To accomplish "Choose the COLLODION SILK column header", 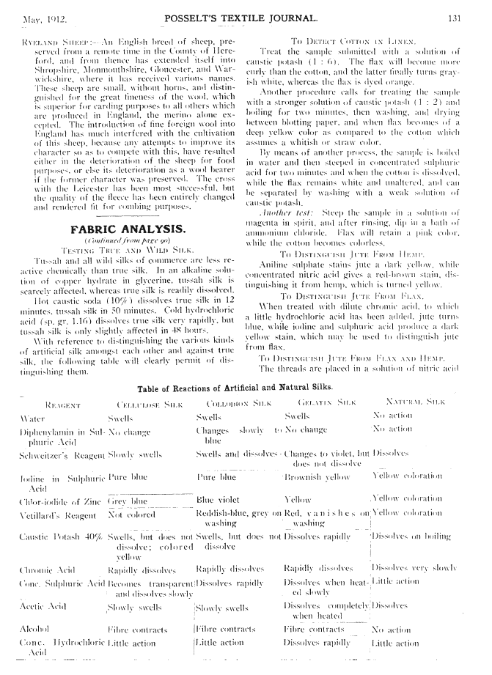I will coord(230,403).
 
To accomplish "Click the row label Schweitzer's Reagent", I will coord(60,455).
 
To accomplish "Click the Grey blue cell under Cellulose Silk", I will coord(128,501).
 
